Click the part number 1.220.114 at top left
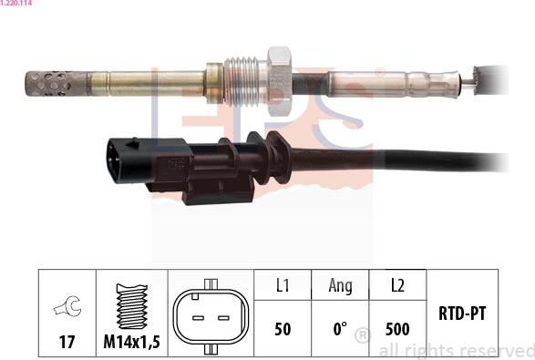(x=15, y=3)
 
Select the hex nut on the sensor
(x=280, y=81)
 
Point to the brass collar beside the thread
(x=214, y=83)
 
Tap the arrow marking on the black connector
(x=132, y=143)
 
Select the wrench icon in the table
(x=67, y=306)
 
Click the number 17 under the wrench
(x=67, y=342)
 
